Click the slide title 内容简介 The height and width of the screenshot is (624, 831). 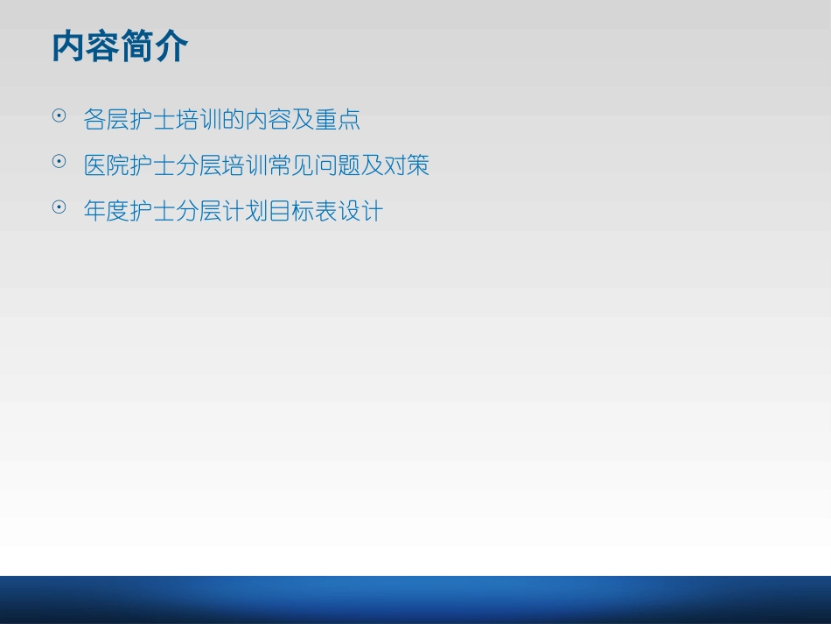[x=120, y=47]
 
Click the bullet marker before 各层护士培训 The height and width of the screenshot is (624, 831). [x=59, y=116]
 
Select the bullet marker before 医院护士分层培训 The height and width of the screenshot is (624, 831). [x=59, y=161]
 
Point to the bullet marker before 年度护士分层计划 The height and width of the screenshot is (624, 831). [x=59, y=207]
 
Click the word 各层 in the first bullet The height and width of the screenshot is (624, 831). [x=106, y=120]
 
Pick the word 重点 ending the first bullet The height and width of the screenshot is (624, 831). [x=338, y=120]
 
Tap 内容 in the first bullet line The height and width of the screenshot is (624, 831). [x=268, y=120]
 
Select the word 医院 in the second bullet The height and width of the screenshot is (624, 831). [x=106, y=165]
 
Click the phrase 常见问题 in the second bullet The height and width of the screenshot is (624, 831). [x=314, y=165]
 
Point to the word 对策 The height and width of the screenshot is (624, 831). [x=407, y=165]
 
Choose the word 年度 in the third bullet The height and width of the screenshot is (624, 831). [x=106, y=212]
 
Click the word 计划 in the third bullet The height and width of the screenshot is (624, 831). [x=245, y=212]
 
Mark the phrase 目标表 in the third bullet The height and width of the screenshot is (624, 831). [x=303, y=212]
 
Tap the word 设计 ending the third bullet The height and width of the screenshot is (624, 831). [x=360, y=212]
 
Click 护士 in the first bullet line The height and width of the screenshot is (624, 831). [x=152, y=120]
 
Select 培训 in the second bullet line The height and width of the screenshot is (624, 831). [x=245, y=165]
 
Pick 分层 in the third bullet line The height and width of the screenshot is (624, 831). [x=199, y=212]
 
